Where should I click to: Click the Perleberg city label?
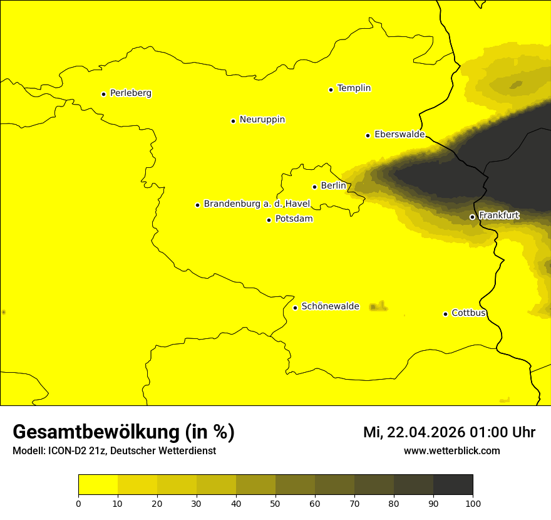130,93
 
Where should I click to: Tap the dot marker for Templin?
331,90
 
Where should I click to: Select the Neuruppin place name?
262,120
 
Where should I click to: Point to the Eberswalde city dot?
368,135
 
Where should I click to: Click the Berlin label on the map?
333,186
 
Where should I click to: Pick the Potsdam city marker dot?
269,220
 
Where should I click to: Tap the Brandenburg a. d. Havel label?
257,204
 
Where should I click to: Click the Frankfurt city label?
499,216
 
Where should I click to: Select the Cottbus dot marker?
445,314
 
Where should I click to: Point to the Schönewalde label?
330,306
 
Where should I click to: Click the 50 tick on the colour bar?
275,503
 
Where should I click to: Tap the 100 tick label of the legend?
473,503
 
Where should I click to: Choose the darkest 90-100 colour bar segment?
453,484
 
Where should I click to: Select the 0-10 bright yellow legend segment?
98,484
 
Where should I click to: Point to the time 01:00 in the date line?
484,432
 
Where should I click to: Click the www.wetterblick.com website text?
451,451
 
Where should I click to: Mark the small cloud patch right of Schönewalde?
378,306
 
